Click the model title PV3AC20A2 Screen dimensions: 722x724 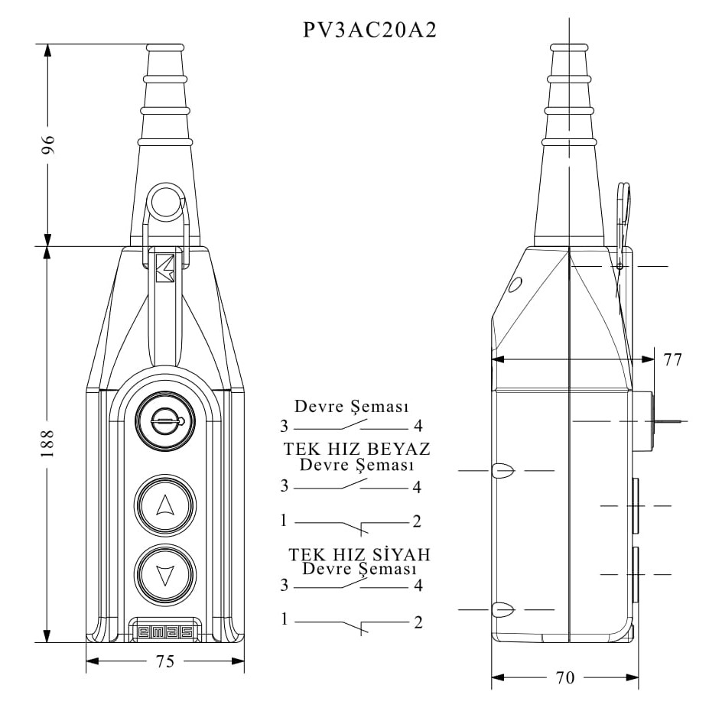tap(369, 31)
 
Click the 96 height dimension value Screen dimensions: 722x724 tap(48, 144)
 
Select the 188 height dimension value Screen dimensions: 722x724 tap(47, 443)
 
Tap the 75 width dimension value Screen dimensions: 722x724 tap(165, 661)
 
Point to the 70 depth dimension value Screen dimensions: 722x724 tap(565, 678)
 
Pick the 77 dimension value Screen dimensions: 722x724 tap(672, 359)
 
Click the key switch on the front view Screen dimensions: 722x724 tap(165, 420)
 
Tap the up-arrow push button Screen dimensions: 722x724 tap(165, 505)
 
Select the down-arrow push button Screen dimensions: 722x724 tap(165, 574)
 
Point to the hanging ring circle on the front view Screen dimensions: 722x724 tap(165, 202)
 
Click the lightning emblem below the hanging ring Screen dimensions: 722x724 tap(165, 268)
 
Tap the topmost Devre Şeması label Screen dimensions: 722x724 tap(352, 406)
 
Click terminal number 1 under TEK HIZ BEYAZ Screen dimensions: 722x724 tap(284, 521)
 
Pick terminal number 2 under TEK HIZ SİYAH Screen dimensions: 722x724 tap(418, 622)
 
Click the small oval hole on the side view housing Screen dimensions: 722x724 tap(515, 285)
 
